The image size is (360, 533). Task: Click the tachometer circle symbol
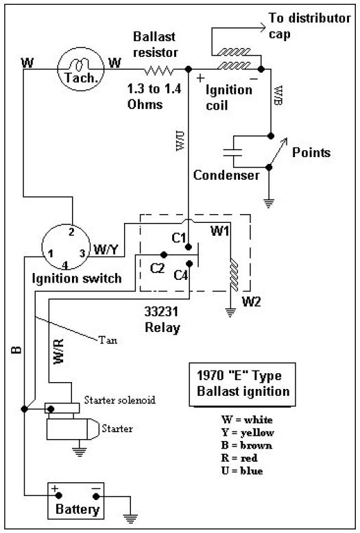(x=80, y=48)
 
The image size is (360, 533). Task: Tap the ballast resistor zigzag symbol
(x=159, y=71)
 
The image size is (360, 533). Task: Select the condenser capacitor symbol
(x=232, y=152)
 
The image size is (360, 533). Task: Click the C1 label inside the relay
(x=179, y=237)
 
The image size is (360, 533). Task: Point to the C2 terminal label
(x=158, y=268)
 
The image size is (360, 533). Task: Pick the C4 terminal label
(x=181, y=274)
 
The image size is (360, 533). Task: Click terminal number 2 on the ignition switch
(x=71, y=232)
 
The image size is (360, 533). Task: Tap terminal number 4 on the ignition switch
(x=65, y=265)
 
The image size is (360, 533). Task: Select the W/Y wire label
(x=106, y=250)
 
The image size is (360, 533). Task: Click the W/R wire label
(x=58, y=351)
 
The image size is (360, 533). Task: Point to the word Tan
(x=108, y=340)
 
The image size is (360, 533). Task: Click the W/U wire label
(x=180, y=141)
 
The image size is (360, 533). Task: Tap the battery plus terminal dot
(x=59, y=495)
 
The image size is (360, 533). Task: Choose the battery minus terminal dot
(x=96, y=496)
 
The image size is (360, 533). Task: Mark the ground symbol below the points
(x=269, y=203)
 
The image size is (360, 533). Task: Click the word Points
(x=311, y=152)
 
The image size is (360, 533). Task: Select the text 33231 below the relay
(x=161, y=311)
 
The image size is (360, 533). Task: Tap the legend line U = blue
(x=242, y=471)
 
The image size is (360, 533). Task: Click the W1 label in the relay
(x=219, y=231)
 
